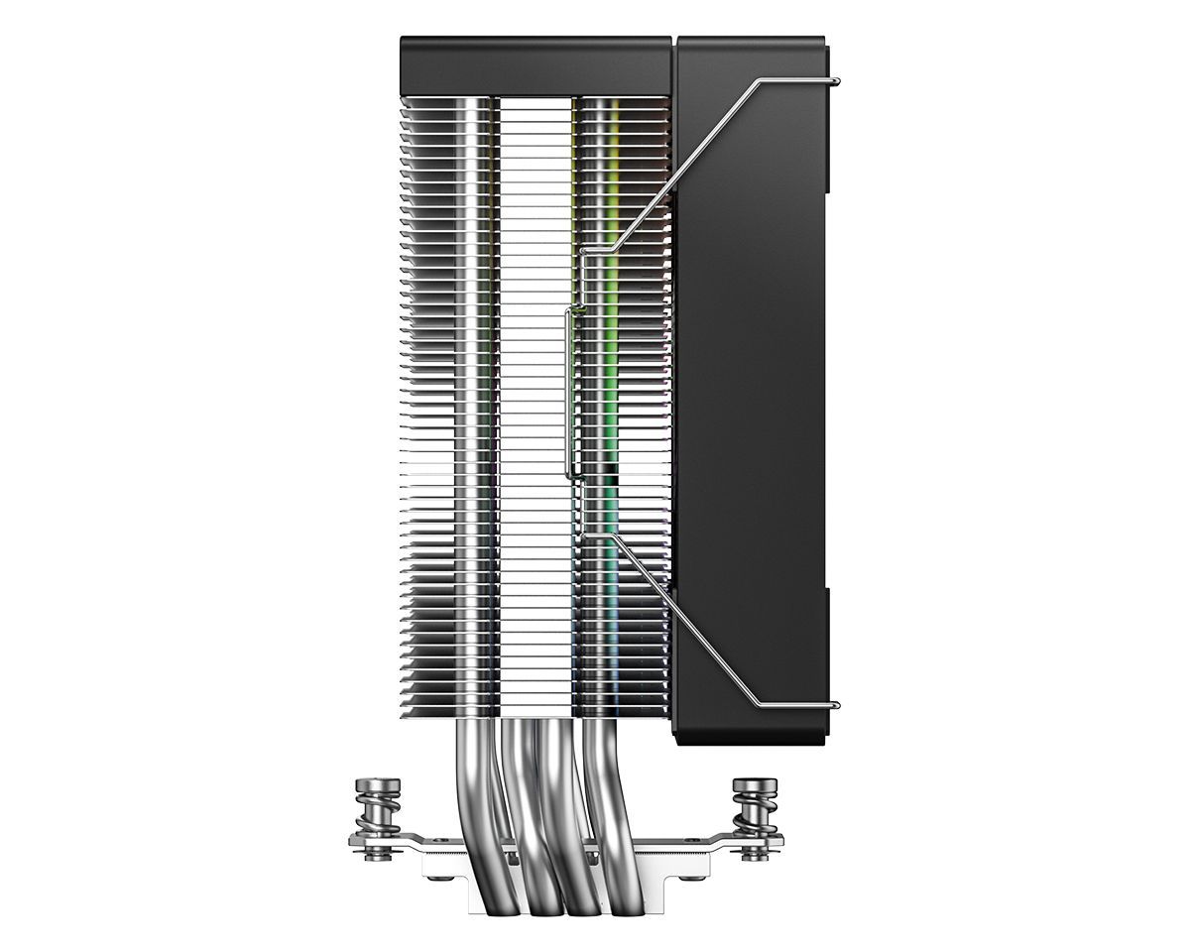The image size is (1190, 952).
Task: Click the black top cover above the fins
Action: (x=535, y=65)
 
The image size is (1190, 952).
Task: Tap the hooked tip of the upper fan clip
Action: (x=838, y=80)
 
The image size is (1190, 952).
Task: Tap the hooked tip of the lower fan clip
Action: (x=838, y=706)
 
